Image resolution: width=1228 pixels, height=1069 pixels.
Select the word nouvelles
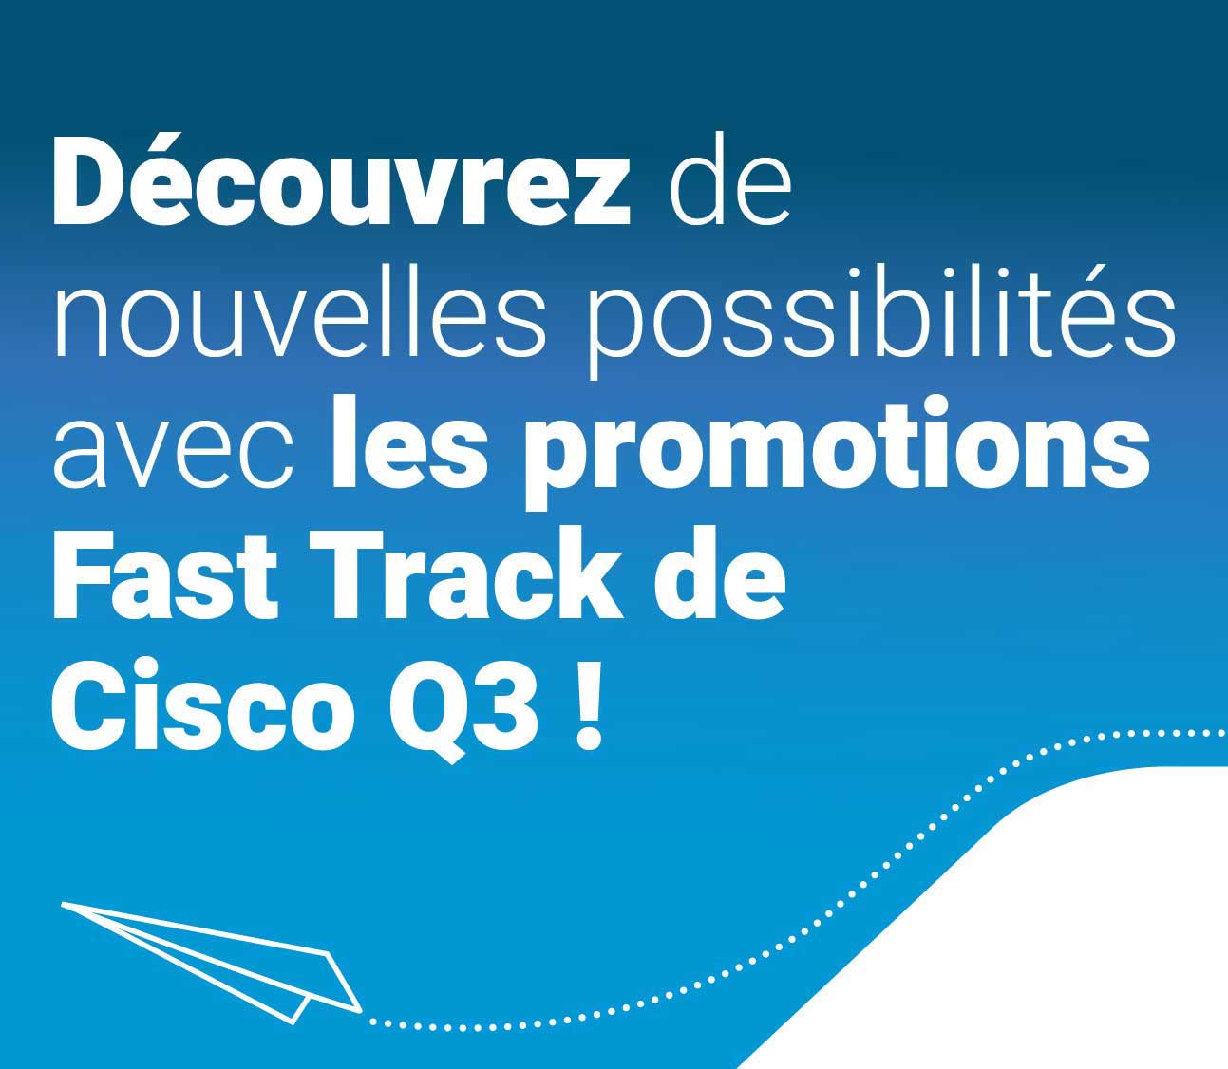click(x=299, y=312)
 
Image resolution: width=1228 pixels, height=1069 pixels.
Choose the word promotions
click(x=838, y=453)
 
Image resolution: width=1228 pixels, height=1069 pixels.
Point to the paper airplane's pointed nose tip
click(x=62, y=903)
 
